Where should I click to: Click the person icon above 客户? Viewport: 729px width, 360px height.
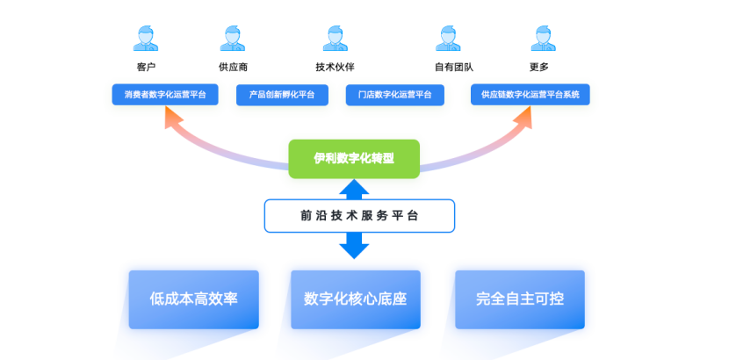146,38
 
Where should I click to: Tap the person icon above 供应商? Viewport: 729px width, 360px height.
233,38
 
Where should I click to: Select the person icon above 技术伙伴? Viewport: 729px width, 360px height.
336,38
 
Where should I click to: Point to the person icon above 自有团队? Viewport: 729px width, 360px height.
449,38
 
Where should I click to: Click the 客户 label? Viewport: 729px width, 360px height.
146,67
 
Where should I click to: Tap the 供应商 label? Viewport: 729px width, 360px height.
233,67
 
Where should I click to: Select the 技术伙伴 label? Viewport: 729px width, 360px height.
336,67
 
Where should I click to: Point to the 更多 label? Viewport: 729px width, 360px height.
539,67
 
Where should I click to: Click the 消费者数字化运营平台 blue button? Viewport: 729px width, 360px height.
165,94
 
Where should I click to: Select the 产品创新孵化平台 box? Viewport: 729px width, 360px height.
281,95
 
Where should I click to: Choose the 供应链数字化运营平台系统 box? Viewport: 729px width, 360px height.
530,95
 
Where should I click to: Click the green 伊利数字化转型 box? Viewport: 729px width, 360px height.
354,158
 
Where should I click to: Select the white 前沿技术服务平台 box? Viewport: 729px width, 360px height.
359,216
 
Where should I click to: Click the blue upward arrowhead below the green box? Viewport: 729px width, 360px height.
354,187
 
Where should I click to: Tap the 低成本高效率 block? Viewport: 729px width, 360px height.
193,299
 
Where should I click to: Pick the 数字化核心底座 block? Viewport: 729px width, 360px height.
355,299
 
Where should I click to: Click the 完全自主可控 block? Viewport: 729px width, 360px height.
519,299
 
